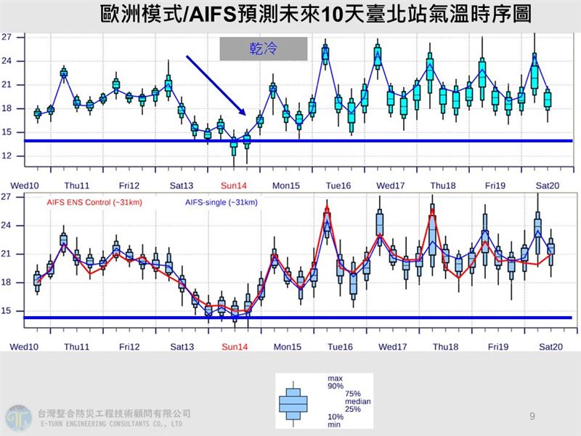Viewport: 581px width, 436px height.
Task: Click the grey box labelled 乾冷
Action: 264,49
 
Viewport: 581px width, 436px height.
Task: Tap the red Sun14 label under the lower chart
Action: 235,347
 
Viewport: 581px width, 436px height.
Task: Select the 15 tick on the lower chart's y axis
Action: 7,311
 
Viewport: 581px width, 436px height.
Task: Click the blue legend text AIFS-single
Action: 219,203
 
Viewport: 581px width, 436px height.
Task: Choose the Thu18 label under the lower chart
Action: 444,347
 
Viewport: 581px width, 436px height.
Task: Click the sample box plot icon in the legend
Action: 293,401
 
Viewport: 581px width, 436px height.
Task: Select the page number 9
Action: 532,416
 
